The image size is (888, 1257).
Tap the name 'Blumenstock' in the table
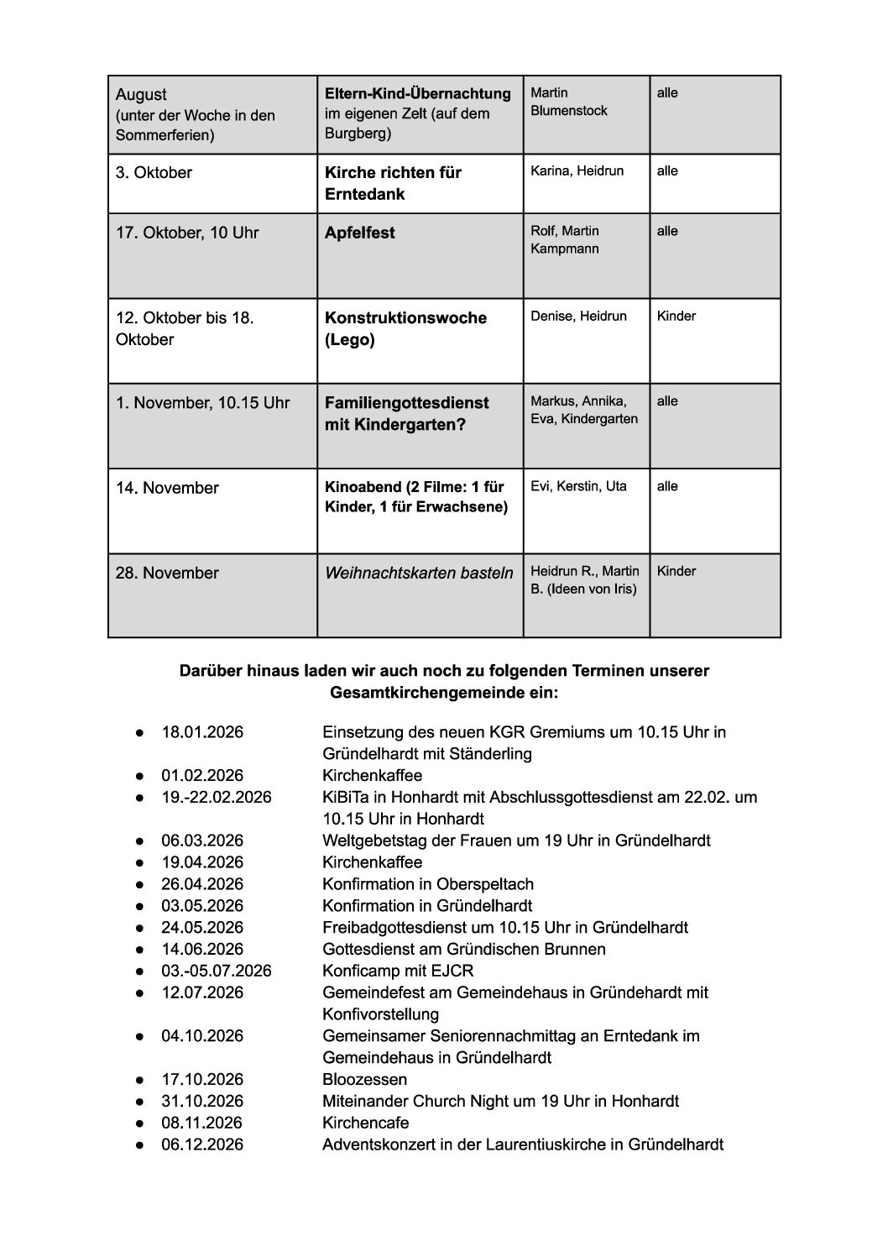pos(568,111)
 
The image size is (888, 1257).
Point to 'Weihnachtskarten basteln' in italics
pos(419,574)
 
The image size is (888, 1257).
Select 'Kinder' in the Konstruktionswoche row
pos(676,317)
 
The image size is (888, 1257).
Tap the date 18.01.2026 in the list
pos(202,732)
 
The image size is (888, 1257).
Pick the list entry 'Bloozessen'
pos(364,1080)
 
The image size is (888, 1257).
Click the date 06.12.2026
pos(202,1144)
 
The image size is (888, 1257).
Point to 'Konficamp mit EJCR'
pos(398,972)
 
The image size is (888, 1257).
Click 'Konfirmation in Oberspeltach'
pos(427,884)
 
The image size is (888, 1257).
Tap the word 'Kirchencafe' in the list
pos(365,1123)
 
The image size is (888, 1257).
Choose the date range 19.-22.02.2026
pos(217,798)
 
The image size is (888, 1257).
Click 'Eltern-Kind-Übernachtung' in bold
pos(418,93)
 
